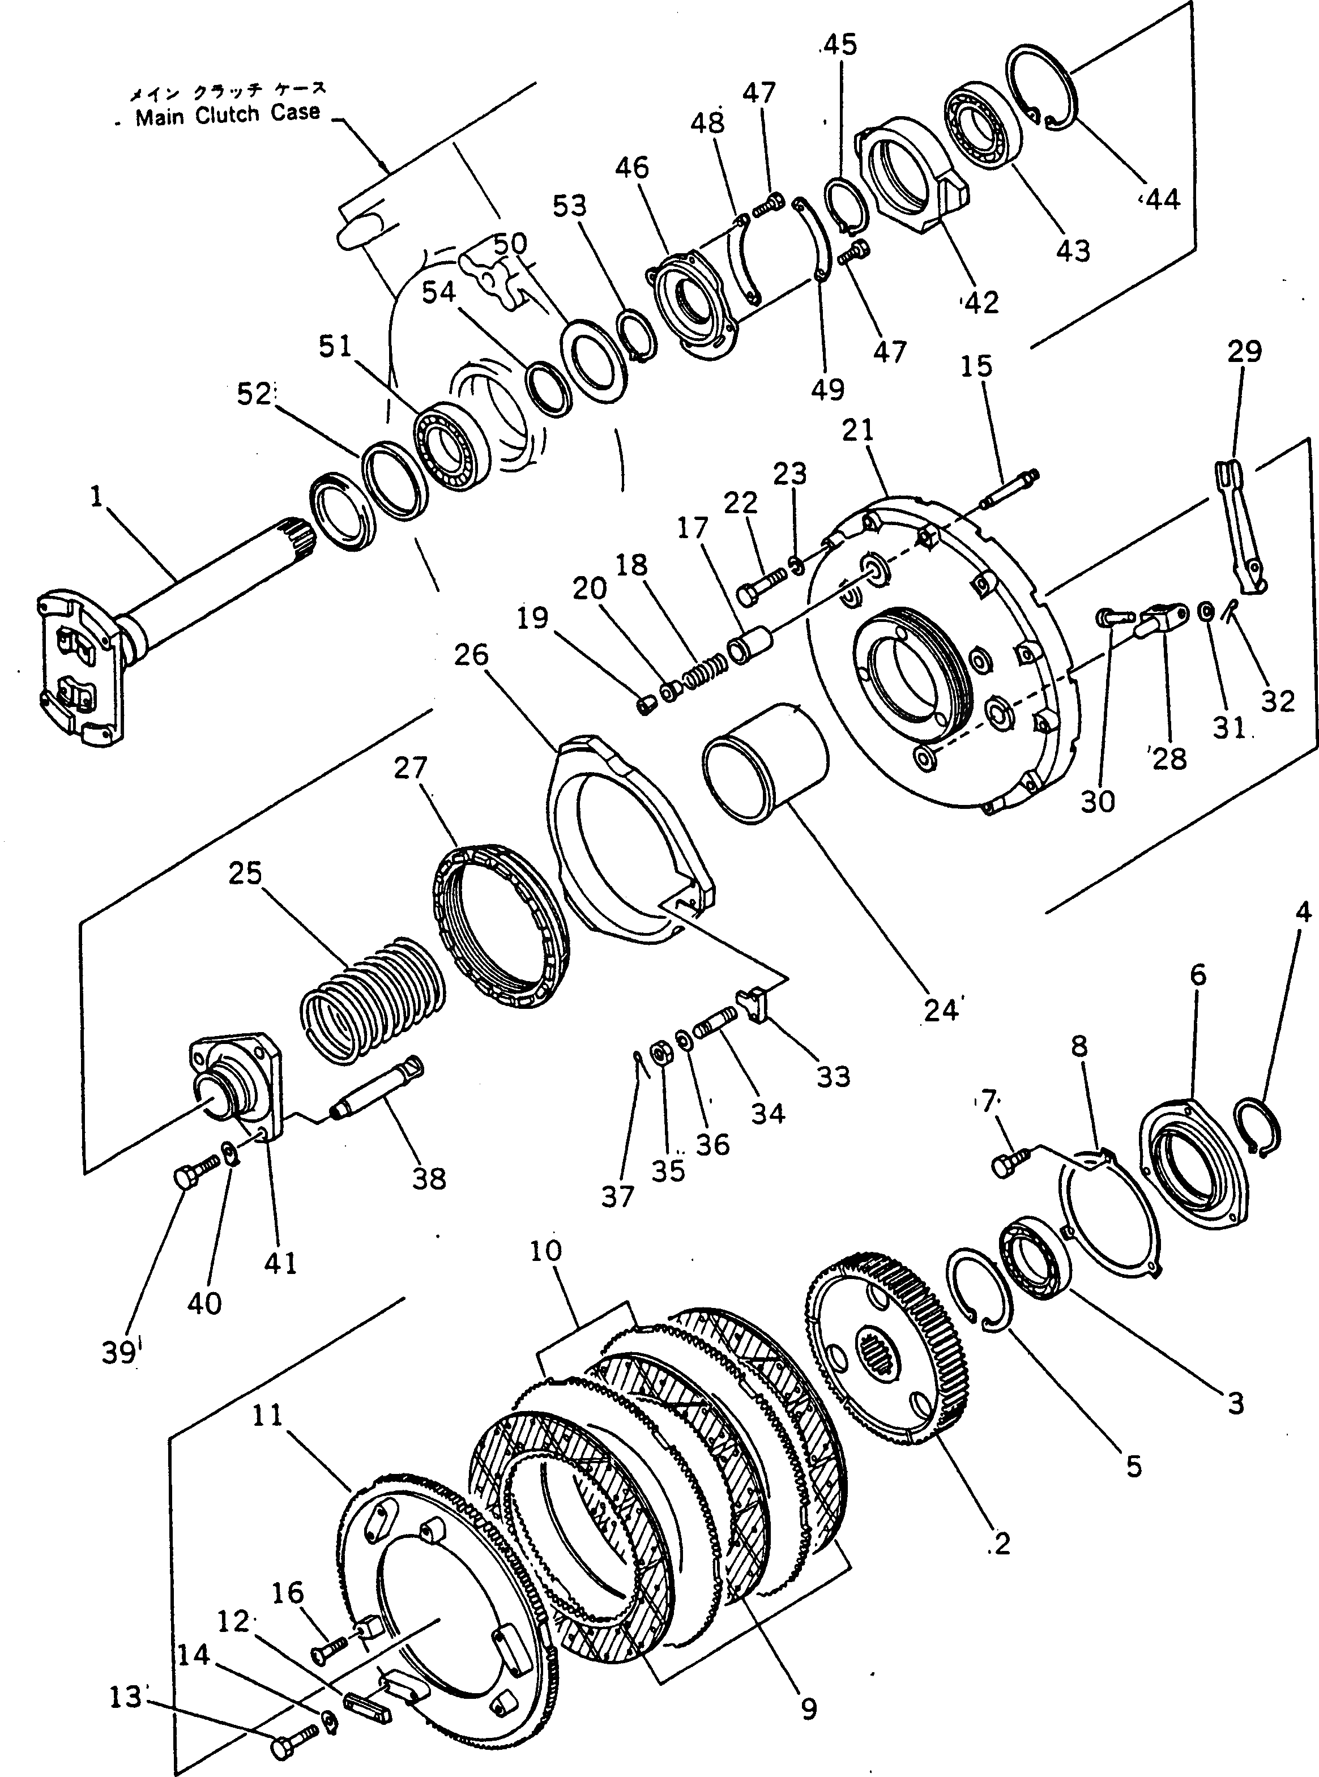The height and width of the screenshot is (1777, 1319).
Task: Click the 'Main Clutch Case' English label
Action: [x=228, y=114]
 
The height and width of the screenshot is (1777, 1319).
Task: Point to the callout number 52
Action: [x=254, y=394]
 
